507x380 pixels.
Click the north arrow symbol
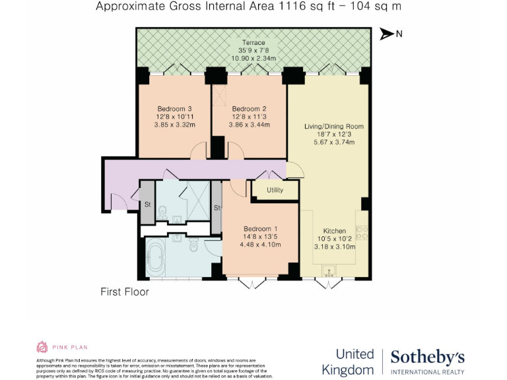[386, 34]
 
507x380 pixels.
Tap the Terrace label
[253, 43]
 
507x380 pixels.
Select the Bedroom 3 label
[174, 109]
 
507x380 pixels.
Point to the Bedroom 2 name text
[249, 109]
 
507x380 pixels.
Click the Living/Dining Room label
[333, 126]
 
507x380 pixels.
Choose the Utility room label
[275, 190]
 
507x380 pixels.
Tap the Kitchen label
[335, 231]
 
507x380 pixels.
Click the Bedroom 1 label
[260, 229]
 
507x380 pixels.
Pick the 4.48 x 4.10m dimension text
[260, 245]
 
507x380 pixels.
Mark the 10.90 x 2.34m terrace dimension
[253, 59]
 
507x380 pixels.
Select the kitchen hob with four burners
[362, 233]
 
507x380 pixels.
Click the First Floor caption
[124, 292]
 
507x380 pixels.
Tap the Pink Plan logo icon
[42, 347]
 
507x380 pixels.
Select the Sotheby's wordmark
[427, 358]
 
